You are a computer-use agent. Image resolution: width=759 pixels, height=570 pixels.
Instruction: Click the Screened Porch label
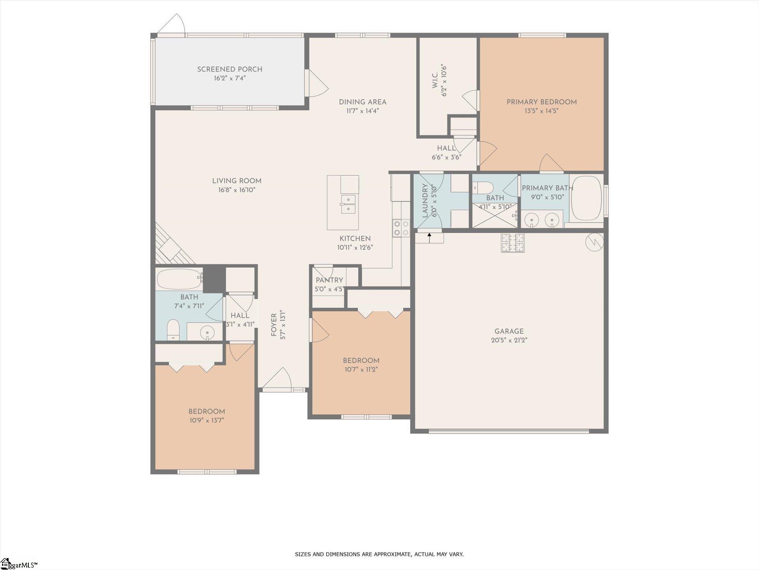coord(230,69)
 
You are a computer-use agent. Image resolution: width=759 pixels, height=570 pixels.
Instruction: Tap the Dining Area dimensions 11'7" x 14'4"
coord(362,110)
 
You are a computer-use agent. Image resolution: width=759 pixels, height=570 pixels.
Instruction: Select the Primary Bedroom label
coord(542,102)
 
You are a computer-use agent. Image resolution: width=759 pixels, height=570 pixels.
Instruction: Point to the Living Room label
coord(237,181)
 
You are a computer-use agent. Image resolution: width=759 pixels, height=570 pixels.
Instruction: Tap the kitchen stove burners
coord(401,228)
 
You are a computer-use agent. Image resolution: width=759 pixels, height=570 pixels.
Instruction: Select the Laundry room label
coord(425,200)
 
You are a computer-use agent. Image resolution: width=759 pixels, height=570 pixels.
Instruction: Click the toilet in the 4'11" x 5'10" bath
coord(482,188)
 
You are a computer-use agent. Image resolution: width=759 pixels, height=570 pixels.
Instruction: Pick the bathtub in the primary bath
coord(587,199)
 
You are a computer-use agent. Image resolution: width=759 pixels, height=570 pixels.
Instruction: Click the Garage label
coord(509,331)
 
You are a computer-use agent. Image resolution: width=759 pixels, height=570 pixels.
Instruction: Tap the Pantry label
coord(329,280)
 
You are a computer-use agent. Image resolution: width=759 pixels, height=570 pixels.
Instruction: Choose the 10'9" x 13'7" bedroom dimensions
coord(206,421)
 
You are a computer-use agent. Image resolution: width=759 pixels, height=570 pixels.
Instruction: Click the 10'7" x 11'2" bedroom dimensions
coord(361,369)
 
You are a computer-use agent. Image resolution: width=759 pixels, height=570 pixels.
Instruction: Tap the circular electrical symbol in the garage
coord(594,242)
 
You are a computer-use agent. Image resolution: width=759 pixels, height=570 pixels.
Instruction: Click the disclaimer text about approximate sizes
coord(379,554)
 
